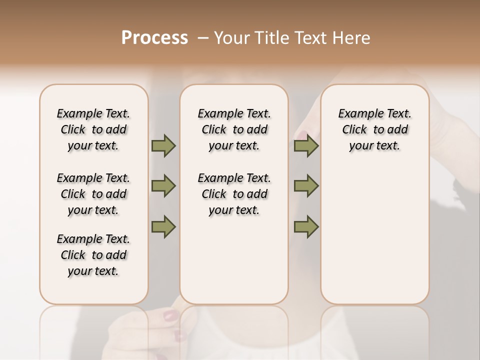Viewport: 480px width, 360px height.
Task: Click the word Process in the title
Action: pyautogui.click(x=154, y=38)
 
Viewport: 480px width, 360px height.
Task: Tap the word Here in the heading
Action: pyautogui.click(x=352, y=38)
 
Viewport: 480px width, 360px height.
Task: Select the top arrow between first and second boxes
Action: pyautogui.click(x=163, y=146)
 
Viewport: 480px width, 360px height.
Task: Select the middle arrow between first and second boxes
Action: pyautogui.click(x=163, y=186)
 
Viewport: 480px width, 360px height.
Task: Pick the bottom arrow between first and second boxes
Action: pyautogui.click(x=163, y=226)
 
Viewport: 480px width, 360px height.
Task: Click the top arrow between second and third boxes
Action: pyautogui.click(x=306, y=146)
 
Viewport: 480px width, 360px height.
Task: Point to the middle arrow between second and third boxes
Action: pyautogui.click(x=306, y=186)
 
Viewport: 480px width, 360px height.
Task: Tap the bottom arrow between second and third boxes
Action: pyautogui.click(x=306, y=226)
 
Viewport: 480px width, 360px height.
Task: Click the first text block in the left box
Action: pyautogui.click(x=93, y=129)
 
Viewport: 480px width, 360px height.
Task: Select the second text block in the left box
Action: pyautogui.click(x=93, y=194)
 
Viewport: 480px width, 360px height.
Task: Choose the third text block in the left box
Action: pyautogui.click(x=93, y=255)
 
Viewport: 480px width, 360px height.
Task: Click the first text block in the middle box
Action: pyautogui.click(x=234, y=129)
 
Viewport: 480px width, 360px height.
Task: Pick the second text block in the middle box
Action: pyautogui.click(x=234, y=194)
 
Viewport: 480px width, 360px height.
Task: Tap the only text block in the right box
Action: pyautogui.click(x=375, y=129)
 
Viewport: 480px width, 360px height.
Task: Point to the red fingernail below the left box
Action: pyautogui.click(x=171, y=315)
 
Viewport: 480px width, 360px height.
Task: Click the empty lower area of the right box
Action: pyautogui.click(x=375, y=240)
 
